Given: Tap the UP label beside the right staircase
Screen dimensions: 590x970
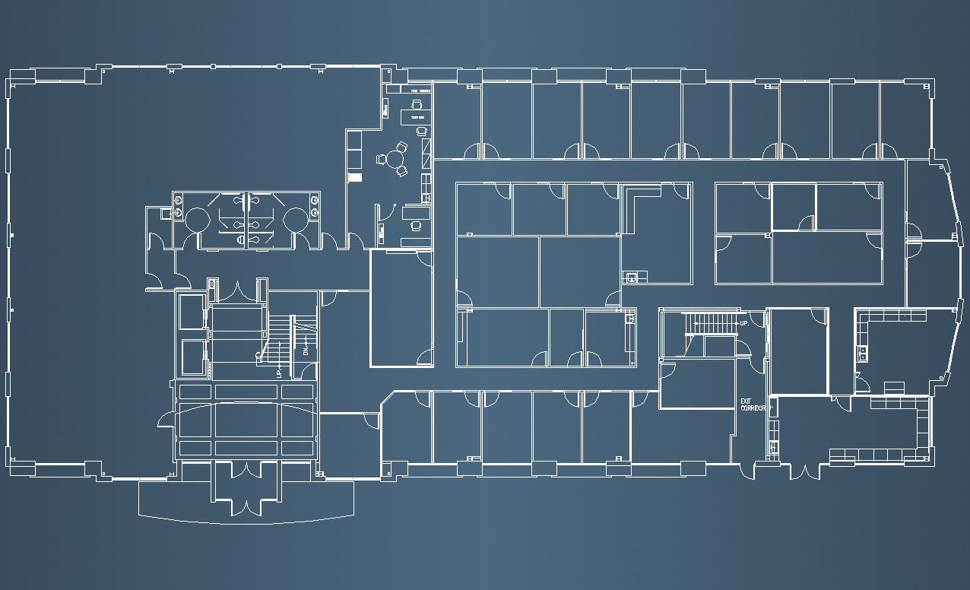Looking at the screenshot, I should (744, 324).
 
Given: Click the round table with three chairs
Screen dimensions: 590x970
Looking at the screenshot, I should (394, 160).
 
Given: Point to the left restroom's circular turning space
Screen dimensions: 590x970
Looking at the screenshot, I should (197, 220).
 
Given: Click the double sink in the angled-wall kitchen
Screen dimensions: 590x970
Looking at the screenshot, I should (863, 352).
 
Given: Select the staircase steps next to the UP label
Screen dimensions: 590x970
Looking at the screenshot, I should (711, 325).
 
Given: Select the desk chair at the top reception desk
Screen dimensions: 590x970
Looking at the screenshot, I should (416, 104).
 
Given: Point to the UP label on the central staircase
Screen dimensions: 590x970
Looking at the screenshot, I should (279, 372).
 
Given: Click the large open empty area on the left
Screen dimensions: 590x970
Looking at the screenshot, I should (84, 266).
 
